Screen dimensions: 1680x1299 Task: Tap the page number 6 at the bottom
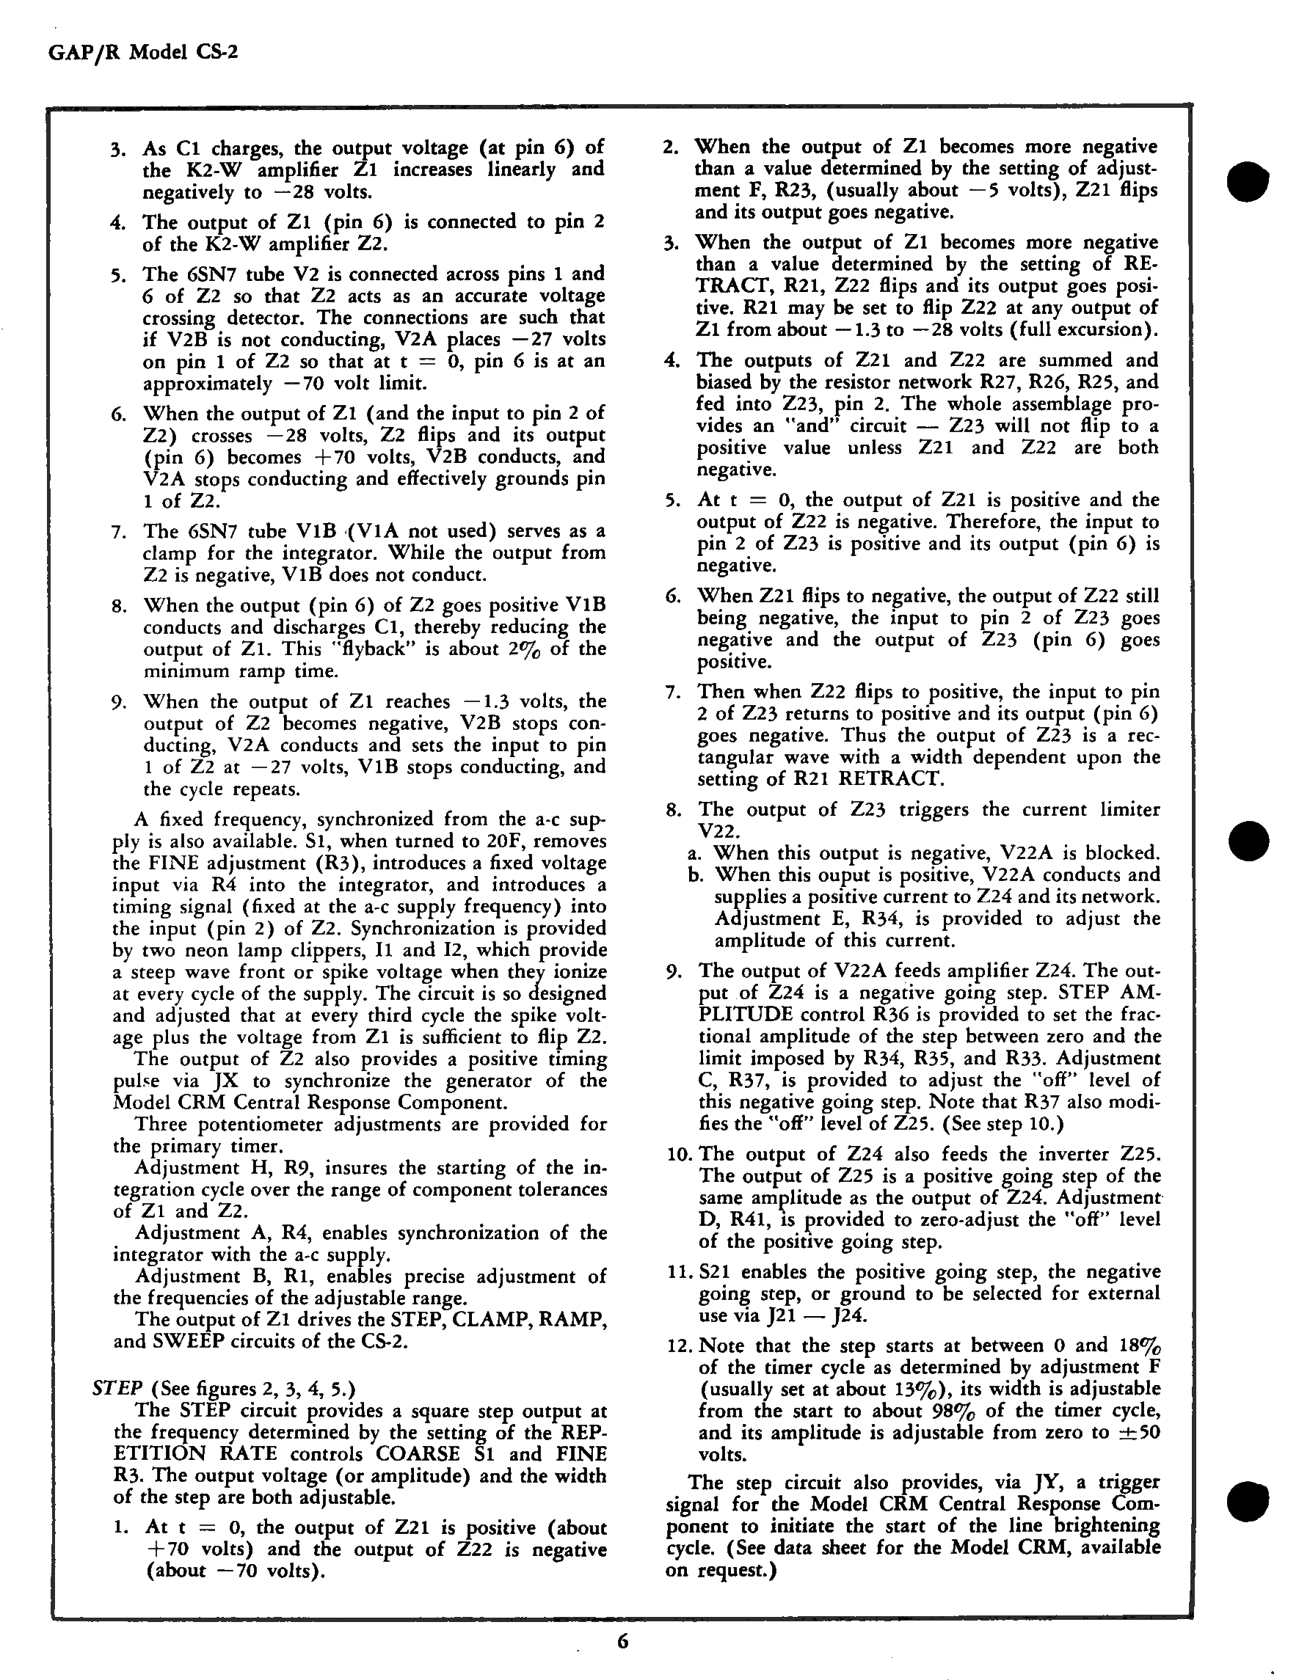622,1642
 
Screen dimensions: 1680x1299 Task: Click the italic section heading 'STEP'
117,1389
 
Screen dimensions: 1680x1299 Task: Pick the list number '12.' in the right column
680,1345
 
